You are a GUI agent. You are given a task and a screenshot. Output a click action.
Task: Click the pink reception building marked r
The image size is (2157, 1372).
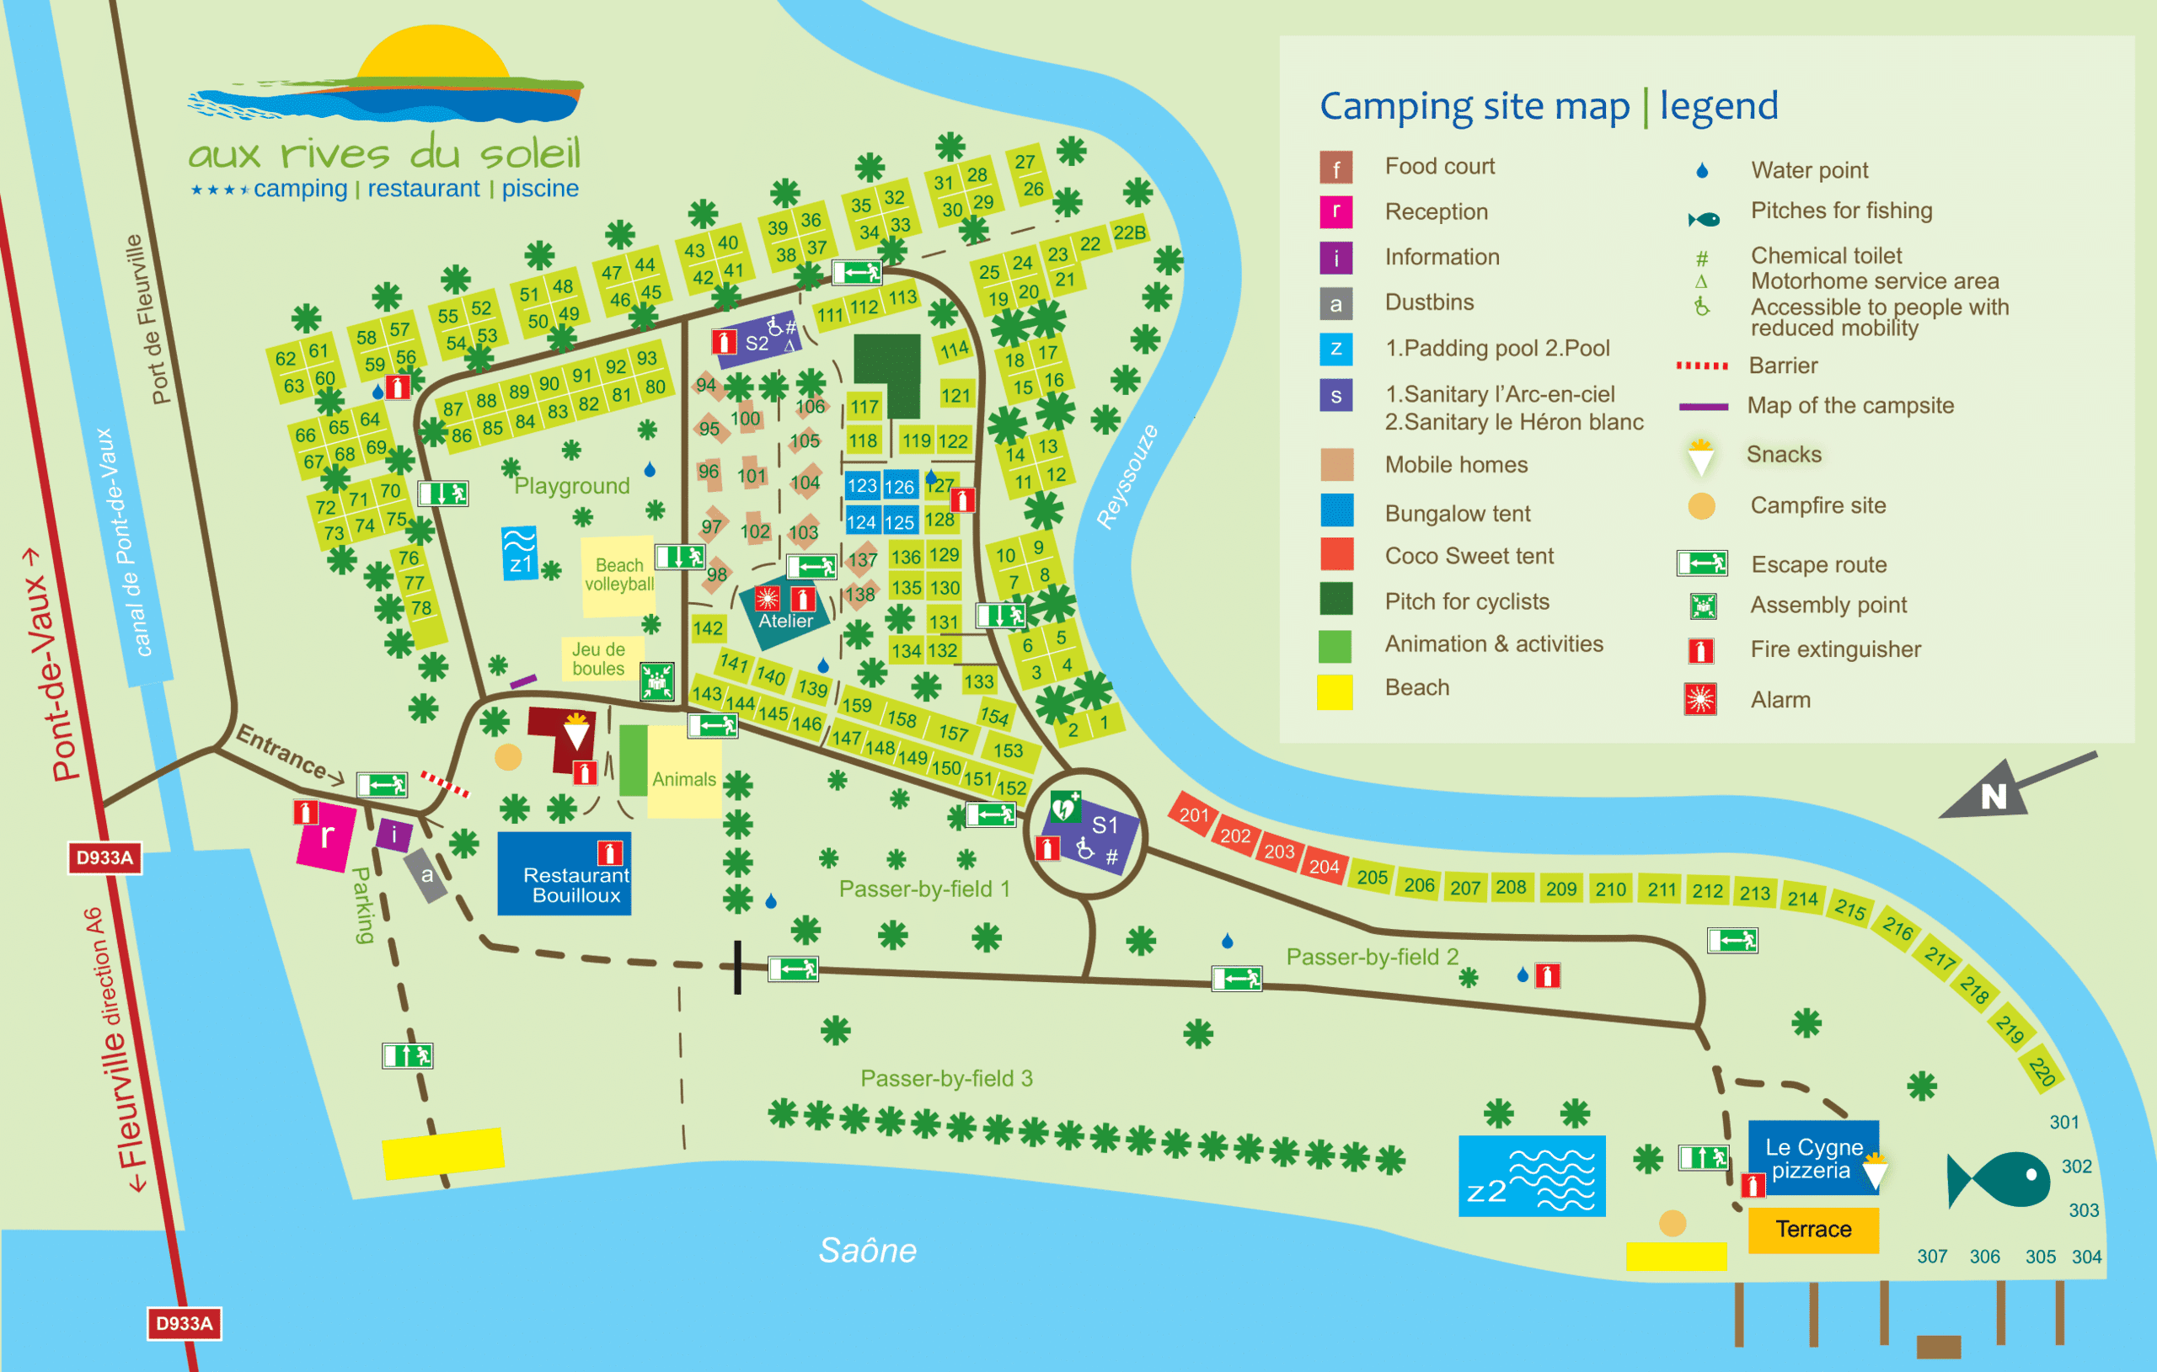point(324,836)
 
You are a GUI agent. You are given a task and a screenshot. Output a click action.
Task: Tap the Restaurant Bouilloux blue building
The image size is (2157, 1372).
point(565,874)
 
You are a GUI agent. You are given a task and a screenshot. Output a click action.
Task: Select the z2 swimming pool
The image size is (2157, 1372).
point(1531,1176)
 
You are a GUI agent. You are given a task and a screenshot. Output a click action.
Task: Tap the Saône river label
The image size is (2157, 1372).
point(867,1250)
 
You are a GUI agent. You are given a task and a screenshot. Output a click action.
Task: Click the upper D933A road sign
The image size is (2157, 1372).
point(104,858)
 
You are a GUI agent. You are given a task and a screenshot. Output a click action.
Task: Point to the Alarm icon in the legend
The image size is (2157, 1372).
point(1700,699)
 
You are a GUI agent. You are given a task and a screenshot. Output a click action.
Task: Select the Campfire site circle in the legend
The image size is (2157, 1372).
point(1701,506)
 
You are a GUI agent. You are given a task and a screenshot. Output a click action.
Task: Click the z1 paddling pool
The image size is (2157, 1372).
point(520,553)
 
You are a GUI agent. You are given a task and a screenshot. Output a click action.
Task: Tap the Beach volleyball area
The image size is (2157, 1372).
point(618,575)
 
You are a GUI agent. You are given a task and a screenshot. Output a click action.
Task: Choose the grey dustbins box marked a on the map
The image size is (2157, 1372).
point(426,875)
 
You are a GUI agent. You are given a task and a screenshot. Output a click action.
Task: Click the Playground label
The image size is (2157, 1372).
point(571,485)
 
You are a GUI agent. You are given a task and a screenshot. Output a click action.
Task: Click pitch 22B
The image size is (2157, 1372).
point(1129,232)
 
